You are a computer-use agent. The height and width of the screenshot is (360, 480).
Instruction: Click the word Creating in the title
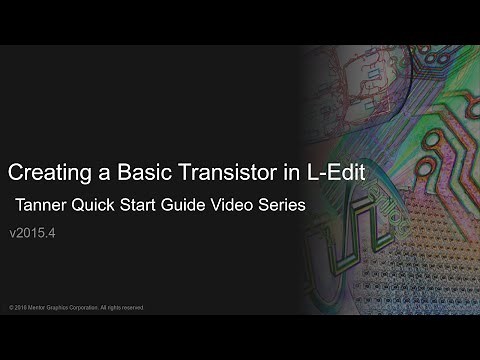45,173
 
